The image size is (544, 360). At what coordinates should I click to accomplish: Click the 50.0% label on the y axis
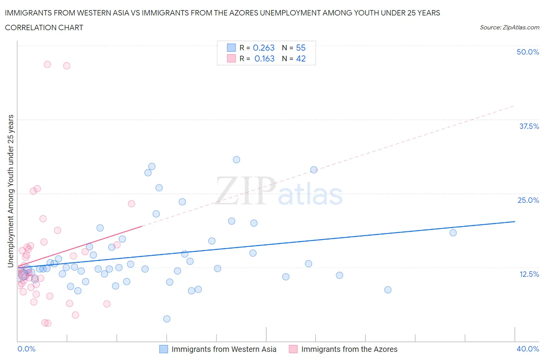click(x=528, y=52)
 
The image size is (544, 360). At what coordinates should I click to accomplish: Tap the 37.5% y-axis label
click(x=529, y=126)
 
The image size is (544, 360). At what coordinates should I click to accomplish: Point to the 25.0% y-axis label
click(x=528, y=200)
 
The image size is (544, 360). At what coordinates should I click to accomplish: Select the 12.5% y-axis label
click(x=529, y=274)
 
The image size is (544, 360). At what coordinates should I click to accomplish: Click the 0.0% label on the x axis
click(x=26, y=349)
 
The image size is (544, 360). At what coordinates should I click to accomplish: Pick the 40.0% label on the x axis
click(x=528, y=349)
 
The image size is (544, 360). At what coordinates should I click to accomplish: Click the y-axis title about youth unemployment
click(x=11, y=191)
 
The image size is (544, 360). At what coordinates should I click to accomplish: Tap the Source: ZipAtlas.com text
click(x=509, y=27)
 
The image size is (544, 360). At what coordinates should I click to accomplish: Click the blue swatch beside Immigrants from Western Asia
click(x=164, y=349)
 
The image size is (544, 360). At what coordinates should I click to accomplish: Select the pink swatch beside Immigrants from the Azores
click(x=293, y=349)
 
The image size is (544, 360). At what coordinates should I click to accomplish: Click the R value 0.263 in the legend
click(x=263, y=48)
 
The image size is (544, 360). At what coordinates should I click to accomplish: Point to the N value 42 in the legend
click(x=301, y=58)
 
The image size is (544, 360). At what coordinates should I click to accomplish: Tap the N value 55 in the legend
click(x=301, y=48)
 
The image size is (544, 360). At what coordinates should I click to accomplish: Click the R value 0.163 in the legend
click(x=264, y=58)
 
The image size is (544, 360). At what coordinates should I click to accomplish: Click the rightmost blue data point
click(x=453, y=233)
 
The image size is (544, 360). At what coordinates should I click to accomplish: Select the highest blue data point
click(x=236, y=159)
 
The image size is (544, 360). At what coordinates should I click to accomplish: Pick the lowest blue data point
click(x=167, y=319)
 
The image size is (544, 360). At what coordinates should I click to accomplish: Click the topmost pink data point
click(x=47, y=64)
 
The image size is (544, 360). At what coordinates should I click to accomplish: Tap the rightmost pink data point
click(x=132, y=204)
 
